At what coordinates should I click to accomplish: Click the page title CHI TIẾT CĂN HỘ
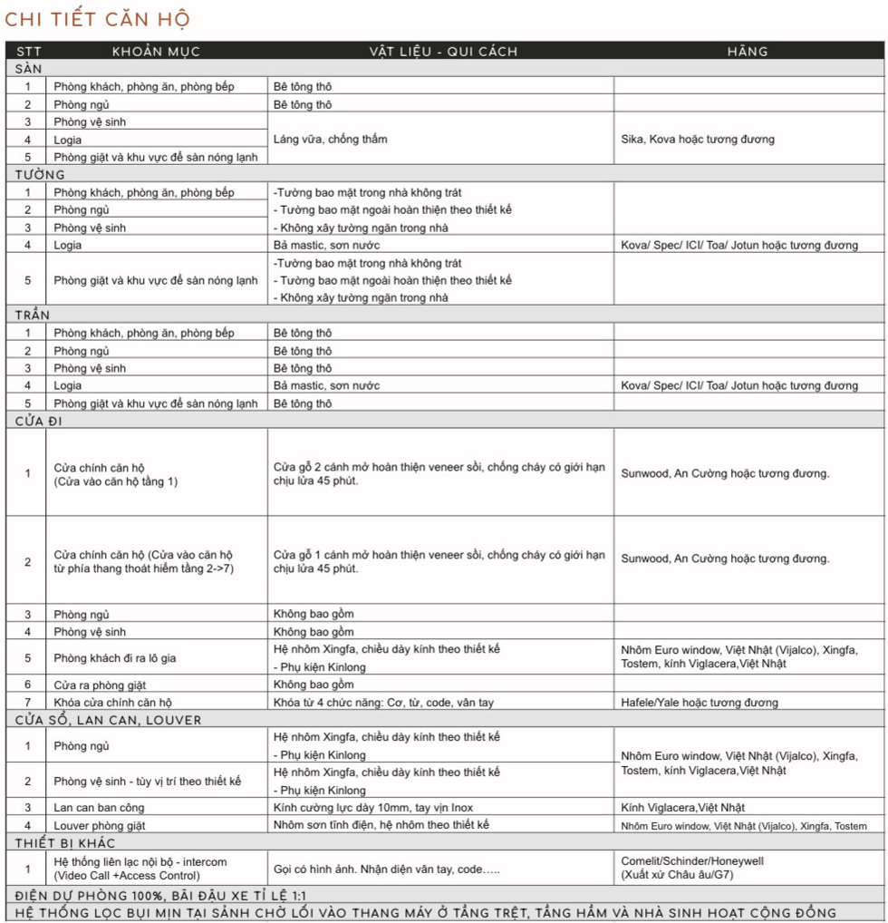click(x=97, y=20)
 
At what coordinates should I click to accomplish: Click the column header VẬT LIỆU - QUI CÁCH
click(x=443, y=52)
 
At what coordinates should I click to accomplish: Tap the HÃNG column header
click(x=748, y=52)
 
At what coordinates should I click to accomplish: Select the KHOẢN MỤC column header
click(x=156, y=52)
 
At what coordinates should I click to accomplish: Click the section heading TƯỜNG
click(x=40, y=175)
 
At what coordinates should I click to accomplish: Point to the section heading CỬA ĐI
click(x=44, y=421)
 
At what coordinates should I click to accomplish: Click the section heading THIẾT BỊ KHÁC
click(x=65, y=843)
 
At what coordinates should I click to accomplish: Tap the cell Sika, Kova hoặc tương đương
click(x=698, y=140)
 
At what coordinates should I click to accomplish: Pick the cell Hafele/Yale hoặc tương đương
click(x=700, y=703)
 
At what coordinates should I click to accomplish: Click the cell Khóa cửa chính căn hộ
click(x=112, y=703)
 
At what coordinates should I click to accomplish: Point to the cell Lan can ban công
click(x=99, y=808)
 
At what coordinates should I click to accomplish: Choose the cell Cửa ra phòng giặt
click(x=100, y=685)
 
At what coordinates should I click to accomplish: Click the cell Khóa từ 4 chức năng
click(x=383, y=703)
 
